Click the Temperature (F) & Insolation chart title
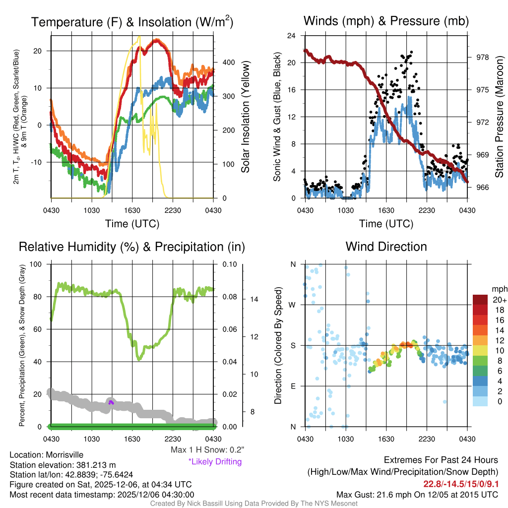tap(132, 22)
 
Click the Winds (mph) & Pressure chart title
tap(386, 21)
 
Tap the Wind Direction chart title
tap(386, 247)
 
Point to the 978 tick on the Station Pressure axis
tap(476, 57)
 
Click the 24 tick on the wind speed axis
tap(293, 36)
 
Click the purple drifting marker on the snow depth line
tap(112, 402)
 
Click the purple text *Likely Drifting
tap(215, 462)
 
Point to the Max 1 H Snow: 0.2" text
tap(207, 450)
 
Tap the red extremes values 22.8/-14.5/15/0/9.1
tap(461, 484)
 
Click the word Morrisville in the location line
tap(64, 455)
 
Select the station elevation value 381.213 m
tap(96, 465)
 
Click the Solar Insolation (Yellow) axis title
tap(246, 117)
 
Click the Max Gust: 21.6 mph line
tap(417, 495)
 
